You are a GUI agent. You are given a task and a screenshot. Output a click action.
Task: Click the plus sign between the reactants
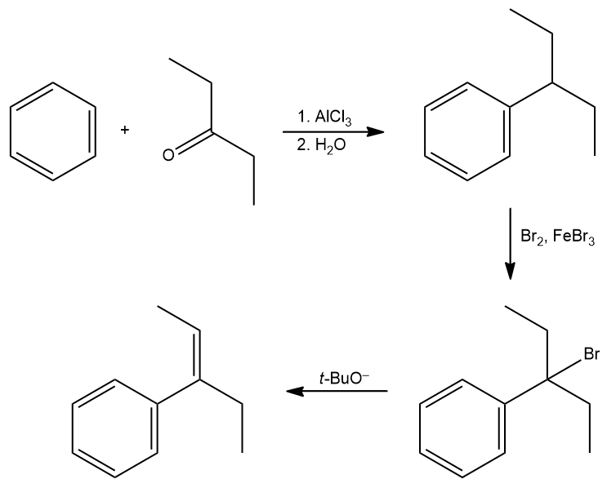click(x=124, y=130)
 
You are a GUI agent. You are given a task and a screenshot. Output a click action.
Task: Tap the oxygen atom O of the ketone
click(x=168, y=155)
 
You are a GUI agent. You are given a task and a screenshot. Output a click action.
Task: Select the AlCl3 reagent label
click(x=333, y=118)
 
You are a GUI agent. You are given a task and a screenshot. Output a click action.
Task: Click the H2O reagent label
click(x=331, y=146)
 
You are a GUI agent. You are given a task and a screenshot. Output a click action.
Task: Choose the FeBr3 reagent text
click(x=574, y=237)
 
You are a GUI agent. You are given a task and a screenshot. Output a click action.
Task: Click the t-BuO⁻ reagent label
click(x=344, y=378)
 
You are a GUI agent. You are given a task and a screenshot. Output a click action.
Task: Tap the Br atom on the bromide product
click(x=591, y=354)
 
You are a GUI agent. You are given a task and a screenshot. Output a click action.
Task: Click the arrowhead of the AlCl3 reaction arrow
click(x=375, y=132)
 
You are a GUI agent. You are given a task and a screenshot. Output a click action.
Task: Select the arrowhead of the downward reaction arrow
click(x=511, y=271)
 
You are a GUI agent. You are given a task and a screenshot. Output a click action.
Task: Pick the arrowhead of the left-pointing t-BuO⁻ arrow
click(x=295, y=391)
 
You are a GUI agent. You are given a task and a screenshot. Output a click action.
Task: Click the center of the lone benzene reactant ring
click(x=52, y=131)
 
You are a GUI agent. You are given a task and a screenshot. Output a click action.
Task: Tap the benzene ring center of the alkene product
click(x=115, y=428)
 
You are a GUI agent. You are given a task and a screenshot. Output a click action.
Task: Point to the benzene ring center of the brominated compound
click(x=462, y=428)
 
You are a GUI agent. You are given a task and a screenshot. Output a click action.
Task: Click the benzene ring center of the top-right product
click(x=467, y=131)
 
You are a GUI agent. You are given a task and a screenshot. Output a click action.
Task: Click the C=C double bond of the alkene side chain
click(x=199, y=355)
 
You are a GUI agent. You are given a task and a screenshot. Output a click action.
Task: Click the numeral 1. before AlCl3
click(x=303, y=117)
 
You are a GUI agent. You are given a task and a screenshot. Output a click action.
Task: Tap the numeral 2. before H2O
click(x=303, y=145)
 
